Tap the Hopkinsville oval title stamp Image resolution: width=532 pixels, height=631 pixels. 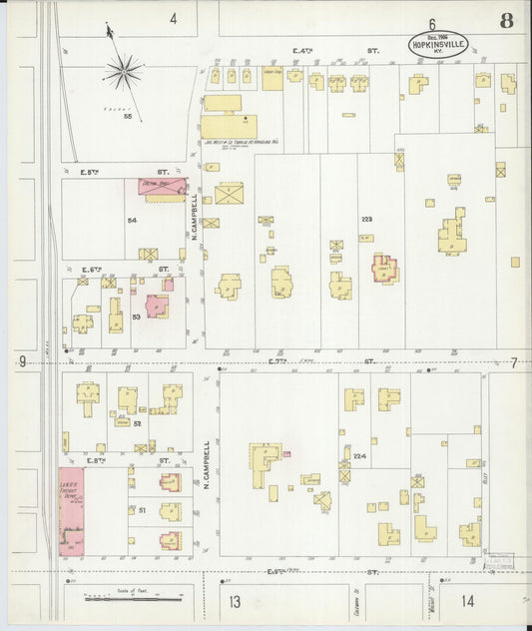pos(437,44)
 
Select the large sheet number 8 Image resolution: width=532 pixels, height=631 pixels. pos(507,21)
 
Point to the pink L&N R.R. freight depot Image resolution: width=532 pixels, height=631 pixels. pos(71,511)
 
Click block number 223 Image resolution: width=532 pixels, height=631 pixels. pos(366,219)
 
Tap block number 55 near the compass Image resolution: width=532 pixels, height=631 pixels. pos(128,116)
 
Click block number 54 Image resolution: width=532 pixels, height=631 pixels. pos(132,219)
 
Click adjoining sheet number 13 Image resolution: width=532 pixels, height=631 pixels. pos(235,601)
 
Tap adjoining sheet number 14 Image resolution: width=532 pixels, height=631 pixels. pos(468,601)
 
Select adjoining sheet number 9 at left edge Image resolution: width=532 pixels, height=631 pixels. pos(21,361)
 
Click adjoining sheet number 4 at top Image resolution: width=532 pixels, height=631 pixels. pos(173,19)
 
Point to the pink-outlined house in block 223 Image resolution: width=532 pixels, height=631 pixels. pos(384,269)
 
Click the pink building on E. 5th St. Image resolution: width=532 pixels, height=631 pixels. pos(162,187)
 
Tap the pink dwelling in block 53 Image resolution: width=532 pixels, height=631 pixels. pos(157,306)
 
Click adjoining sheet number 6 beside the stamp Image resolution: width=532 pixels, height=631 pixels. pos(433,23)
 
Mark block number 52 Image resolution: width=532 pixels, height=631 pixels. pos(139,423)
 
